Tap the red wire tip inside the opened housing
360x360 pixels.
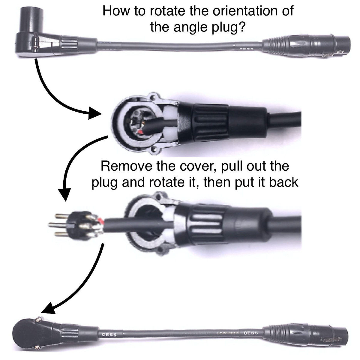click(141, 132)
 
